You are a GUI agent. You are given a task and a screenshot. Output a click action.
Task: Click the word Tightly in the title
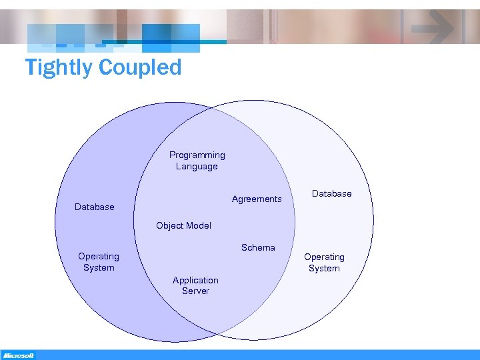tap(59, 67)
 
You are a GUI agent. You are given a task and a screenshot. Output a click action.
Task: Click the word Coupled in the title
tap(140, 67)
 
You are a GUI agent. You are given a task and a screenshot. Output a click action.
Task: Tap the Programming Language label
tap(197, 161)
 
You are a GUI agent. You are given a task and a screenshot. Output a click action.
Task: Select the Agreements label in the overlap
tap(257, 199)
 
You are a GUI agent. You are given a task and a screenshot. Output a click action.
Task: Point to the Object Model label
tap(183, 225)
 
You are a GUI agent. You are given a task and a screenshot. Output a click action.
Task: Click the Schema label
tap(258, 247)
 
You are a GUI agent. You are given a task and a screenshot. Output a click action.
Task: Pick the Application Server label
tap(195, 285)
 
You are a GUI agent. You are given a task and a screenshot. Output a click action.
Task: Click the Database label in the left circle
tap(95, 207)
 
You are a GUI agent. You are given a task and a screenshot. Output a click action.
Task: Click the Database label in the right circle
tap(331, 193)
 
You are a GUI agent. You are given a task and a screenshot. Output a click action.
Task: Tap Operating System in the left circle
tap(99, 261)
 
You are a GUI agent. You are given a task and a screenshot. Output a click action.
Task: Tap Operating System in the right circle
tap(324, 262)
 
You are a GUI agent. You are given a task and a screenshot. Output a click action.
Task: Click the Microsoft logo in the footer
tap(19, 355)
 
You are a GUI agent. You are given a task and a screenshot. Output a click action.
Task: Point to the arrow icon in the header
tap(433, 27)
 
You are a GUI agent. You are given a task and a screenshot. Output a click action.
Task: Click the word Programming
tap(197, 155)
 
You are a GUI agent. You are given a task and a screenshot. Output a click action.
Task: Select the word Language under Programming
tap(197, 167)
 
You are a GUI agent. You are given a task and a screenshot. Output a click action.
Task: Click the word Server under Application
tap(195, 291)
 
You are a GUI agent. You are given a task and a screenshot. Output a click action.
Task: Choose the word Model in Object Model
tap(198, 225)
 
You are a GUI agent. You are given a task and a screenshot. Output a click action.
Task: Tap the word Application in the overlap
tap(195, 280)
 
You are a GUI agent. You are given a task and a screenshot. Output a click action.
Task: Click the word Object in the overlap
tap(169, 225)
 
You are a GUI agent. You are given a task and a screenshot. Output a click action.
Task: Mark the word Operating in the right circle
tap(325, 257)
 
